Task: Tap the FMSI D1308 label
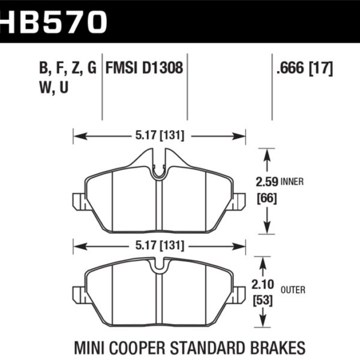[144, 68]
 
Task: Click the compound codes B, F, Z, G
[68, 68]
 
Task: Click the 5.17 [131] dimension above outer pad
[159, 246]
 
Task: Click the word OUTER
[292, 290]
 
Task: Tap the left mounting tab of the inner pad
[79, 202]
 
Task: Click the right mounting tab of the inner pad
[239, 202]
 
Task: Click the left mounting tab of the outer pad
[79, 295]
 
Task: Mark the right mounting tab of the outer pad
[239, 295]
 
